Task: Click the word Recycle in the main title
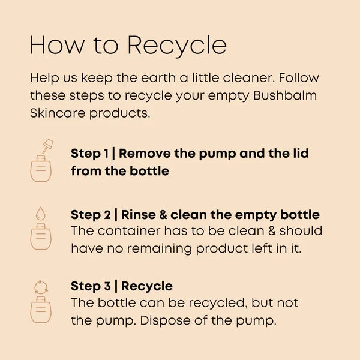pos(177,46)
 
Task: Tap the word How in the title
pos(57,45)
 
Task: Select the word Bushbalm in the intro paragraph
pos(285,95)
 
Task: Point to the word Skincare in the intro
pos(58,113)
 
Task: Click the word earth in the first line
pos(158,77)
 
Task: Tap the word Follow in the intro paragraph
pos(299,77)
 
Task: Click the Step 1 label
pos(89,154)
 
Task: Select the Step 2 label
pos(91,215)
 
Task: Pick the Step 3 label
pos(91,286)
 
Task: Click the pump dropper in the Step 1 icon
pos(47,146)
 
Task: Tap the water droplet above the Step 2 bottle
pos(41,213)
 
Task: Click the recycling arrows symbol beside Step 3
pos(41,287)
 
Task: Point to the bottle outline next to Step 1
pos(41,169)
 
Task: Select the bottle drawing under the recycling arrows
pos(41,310)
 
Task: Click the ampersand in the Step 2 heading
pos(163,215)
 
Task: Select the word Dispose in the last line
pos(165,320)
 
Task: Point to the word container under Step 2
pos(129,231)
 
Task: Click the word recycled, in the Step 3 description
pos(218,303)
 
